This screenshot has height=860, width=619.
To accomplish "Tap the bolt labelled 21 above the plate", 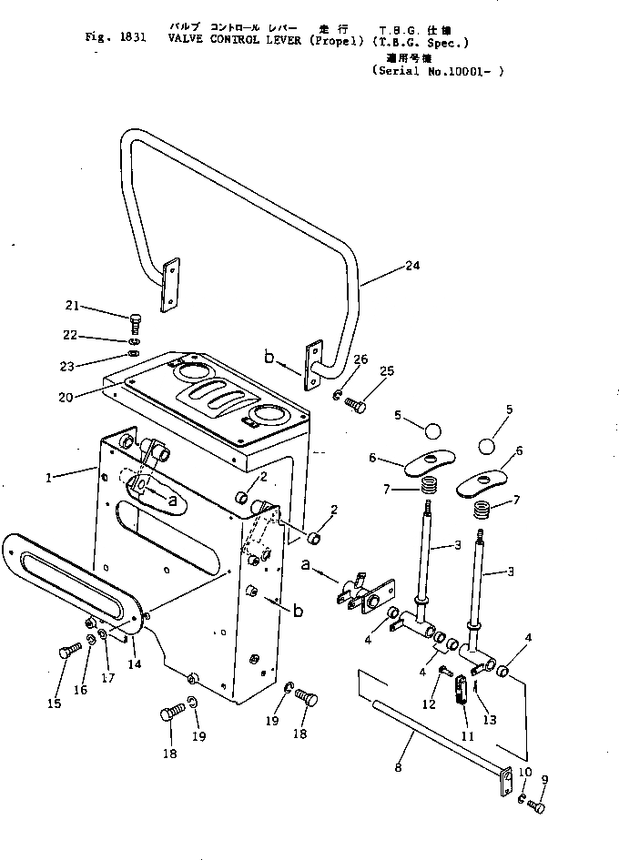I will point(135,321).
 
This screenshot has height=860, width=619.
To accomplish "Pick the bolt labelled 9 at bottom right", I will point(537,806).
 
